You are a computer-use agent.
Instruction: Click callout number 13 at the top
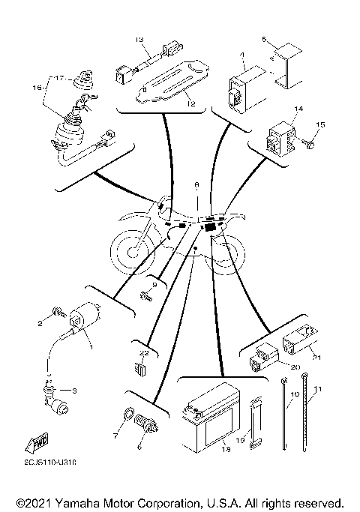(139, 38)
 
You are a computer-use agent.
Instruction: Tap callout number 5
(263, 38)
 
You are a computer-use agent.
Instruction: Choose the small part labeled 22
(142, 367)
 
